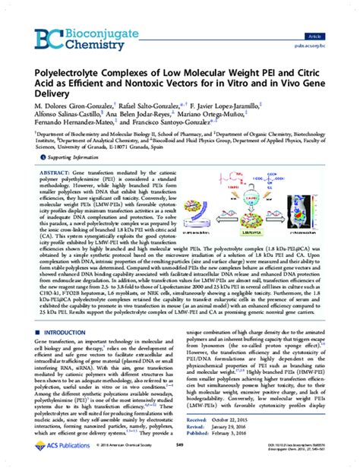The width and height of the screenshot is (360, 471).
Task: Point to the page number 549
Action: coord(180,454)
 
